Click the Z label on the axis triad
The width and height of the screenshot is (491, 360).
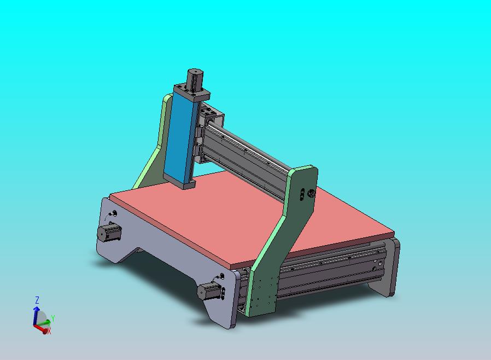[37, 300]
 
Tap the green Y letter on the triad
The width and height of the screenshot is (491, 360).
[53, 317]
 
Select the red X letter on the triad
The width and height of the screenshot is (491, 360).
[49, 331]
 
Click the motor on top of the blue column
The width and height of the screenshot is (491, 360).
[194, 79]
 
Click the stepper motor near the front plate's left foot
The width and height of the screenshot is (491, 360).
[108, 233]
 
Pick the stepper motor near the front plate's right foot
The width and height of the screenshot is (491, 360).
[209, 291]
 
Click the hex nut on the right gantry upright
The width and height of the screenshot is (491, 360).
[312, 193]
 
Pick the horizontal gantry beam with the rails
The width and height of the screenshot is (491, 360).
[246, 156]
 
